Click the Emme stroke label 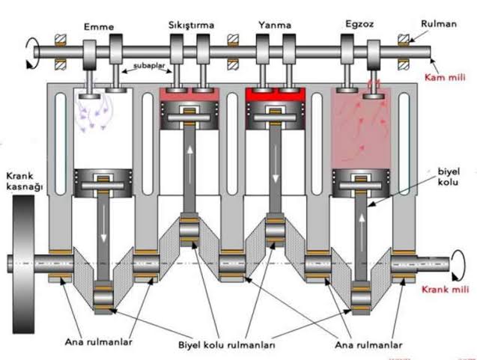100,27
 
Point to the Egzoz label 354,25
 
